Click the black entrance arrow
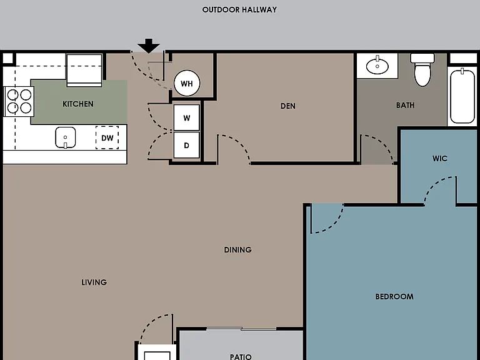149,46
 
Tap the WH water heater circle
187,83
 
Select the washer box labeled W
187,118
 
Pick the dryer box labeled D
187,145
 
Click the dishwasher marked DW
107,137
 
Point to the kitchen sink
65,137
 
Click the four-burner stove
19,101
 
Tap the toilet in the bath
422,70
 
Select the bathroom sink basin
377,66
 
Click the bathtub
462,96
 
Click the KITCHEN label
78,104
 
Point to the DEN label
288,106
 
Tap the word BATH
405,105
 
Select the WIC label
440,158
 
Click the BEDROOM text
394,296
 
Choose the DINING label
238,250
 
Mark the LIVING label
94,282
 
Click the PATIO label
241,357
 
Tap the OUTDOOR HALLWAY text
240,10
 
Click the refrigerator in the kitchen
84,71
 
